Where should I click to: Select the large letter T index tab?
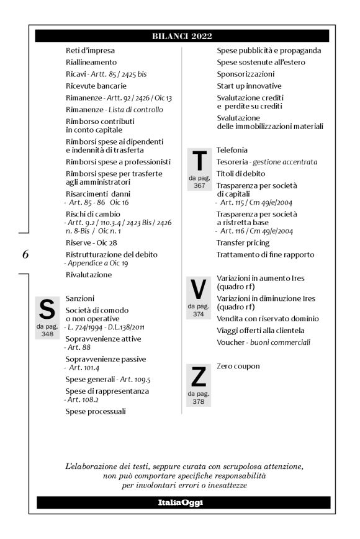tap(199, 162)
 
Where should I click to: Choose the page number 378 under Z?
tap(199, 401)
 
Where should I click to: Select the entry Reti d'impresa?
tap(90, 50)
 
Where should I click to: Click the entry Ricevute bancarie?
tap(96, 86)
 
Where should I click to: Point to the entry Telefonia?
tap(232, 150)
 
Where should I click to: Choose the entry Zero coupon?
tap(238, 366)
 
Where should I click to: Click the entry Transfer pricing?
tap(243, 243)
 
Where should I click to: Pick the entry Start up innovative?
tap(248, 86)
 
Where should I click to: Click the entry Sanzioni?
tap(80, 298)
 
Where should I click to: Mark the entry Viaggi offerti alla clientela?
tap(261, 330)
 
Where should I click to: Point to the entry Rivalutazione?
tap(89, 274)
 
